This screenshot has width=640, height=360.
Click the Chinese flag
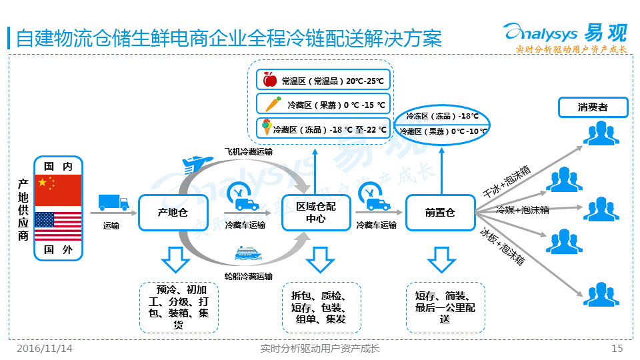pyautogui.click(x=57, y=190)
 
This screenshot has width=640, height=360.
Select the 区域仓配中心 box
pyautogui.click(x=316, y=213)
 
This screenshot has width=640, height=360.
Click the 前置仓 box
pyautogui.click(x=440, y=213)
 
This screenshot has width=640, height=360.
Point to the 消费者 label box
pyautogui.click(x=593, y=107)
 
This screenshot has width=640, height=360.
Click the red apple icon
pyautogui.click(x=270, y=80)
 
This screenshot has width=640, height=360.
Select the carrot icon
pyautogui.click(x=273, y=104)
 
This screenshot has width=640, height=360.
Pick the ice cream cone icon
pyautogui.click(x=267, y=127)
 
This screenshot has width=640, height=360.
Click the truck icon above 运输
pyautogui.click(x=113, y=203)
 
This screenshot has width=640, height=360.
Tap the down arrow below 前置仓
pyautogui.click(x=440, y=259)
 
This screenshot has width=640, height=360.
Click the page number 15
pyautogui.click(x=617, y=349)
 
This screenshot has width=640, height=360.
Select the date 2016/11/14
pyautogui.click(x=45, y=349)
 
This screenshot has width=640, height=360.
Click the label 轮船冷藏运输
pyautogui.click(x=248, y=276)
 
